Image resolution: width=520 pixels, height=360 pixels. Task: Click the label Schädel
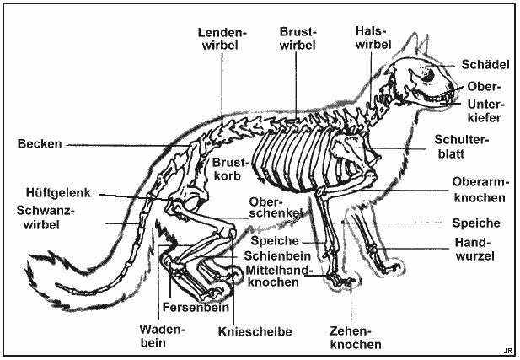(x=485, y=64)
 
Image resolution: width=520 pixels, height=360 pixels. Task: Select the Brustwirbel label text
(x=298, y=39)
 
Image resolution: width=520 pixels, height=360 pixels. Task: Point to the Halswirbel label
(x=373, y=37)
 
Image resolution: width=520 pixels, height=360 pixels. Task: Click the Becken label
(x=40, y=143)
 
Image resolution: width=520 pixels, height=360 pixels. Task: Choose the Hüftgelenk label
(x=58, y=193)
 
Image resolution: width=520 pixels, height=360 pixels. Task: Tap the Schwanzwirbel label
(x=44, y=218)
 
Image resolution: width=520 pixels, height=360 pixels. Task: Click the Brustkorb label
(x=230, y=169)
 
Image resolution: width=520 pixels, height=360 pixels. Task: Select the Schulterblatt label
(x=462, y=147)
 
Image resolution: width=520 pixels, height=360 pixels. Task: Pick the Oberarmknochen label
(x=480, y=190)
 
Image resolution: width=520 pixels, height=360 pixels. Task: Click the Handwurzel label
(x=474, y=249)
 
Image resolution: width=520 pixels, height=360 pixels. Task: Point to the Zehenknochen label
(x=356, y=337)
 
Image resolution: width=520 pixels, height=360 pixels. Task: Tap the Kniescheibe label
(x=255, y=331)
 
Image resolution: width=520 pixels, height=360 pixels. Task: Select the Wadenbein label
(x=162, y=336)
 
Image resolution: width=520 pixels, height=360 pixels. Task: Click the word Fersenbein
(x=196, y=307)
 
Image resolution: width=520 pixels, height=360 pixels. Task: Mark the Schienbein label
(x=277, y=255)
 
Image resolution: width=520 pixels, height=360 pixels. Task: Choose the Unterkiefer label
(x=485, y=110)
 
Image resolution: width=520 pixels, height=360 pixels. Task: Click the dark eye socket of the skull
(x=429, y=75)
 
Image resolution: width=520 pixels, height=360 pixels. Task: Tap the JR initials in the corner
(x=507, y=352)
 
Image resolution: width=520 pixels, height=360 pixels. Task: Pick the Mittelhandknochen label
(x=279, y=276)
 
